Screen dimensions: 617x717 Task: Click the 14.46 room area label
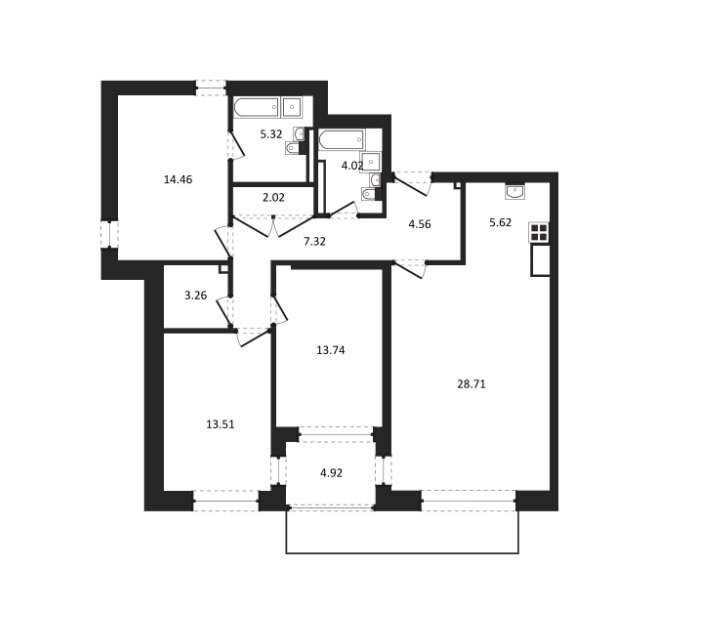click(177, 180)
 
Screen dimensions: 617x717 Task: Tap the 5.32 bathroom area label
click(271, 133)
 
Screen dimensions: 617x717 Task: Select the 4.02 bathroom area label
click(350, 166)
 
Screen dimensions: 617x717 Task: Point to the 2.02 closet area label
click(273, 198)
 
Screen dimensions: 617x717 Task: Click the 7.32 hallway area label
click(316, 241)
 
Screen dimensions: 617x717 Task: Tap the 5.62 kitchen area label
click(499, 223)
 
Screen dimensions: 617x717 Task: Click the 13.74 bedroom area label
click(330, 350)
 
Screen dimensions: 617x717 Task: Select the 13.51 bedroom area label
click(220, 424)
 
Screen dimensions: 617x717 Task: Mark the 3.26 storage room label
click(196, 295)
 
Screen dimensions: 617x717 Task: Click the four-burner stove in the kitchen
click(539, 233)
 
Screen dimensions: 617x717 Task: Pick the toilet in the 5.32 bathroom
click(292, 149)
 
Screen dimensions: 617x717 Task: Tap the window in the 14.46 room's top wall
click(210, 87)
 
